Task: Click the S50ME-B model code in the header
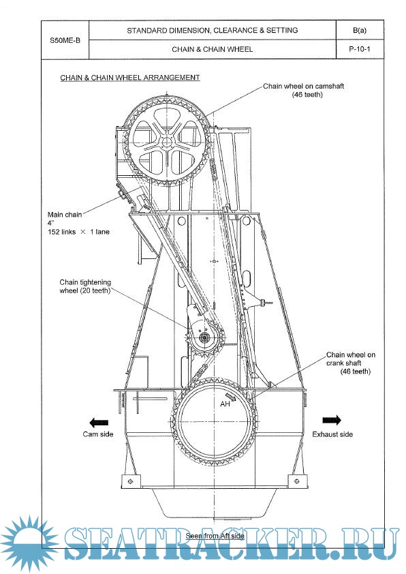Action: pyautogui.click(x=65, y=40)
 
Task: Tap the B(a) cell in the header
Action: pyautogui.click(x=360, y=31)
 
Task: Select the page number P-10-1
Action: pyautogui.click(x=360, y=48)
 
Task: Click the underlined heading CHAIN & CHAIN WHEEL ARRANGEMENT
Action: pyautogui.click(x=130, y=78)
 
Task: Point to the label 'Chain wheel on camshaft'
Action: pyautogui.click(x=304, y=86)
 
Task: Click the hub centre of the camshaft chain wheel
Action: pyautogui.click(x=167, y=142)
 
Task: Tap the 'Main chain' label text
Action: pyautogui.click(x=65, y=215)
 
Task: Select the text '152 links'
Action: pyautogui.click(x=62, y=232)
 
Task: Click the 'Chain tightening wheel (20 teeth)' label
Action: pyautogui.click(x=85, y=286)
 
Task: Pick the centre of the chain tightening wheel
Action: pyautogui.click(x=204, y=338)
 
